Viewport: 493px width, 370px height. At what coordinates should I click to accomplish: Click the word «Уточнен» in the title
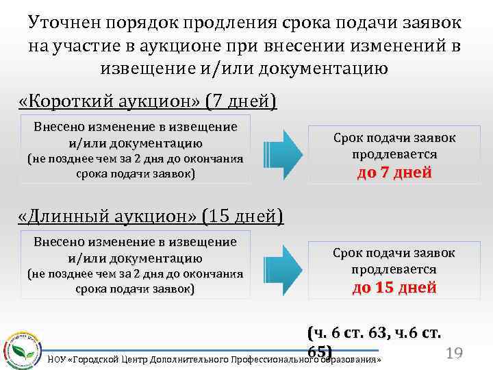65,23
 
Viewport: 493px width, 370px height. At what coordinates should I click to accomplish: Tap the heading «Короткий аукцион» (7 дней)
148,102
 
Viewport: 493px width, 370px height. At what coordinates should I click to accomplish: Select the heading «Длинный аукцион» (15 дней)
150,217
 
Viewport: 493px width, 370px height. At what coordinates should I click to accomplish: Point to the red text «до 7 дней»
394,172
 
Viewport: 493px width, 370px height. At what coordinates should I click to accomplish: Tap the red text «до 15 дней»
394,287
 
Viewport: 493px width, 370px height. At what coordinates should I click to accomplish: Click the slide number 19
454,354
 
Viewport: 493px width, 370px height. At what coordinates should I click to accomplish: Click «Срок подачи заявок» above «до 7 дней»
394,138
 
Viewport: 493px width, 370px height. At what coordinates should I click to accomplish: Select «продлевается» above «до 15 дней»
394,269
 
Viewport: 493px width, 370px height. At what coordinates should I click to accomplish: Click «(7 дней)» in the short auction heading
240,102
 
